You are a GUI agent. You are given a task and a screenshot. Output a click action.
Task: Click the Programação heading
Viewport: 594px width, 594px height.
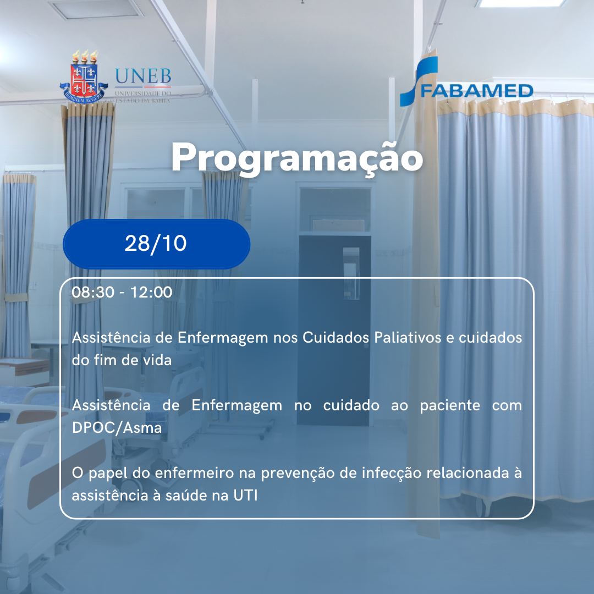pyautogui.click(x=297, y=158)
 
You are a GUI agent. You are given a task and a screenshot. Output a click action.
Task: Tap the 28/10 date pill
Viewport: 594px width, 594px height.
pyautogui.click(x=156, y=244)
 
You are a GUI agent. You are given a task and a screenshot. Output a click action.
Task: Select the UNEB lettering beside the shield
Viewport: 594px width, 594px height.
pyautogui.click(x=143, y=76)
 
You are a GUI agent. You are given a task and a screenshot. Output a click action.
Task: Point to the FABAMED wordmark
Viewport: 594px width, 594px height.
pyautogui.click(x=476, y=91)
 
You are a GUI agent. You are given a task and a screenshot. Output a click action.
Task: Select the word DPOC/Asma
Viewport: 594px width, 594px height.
pyautogui.click(x=117, y=428)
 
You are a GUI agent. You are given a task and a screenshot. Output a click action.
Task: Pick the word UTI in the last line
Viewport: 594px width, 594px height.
pyautogui.click(x=245, y=495)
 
